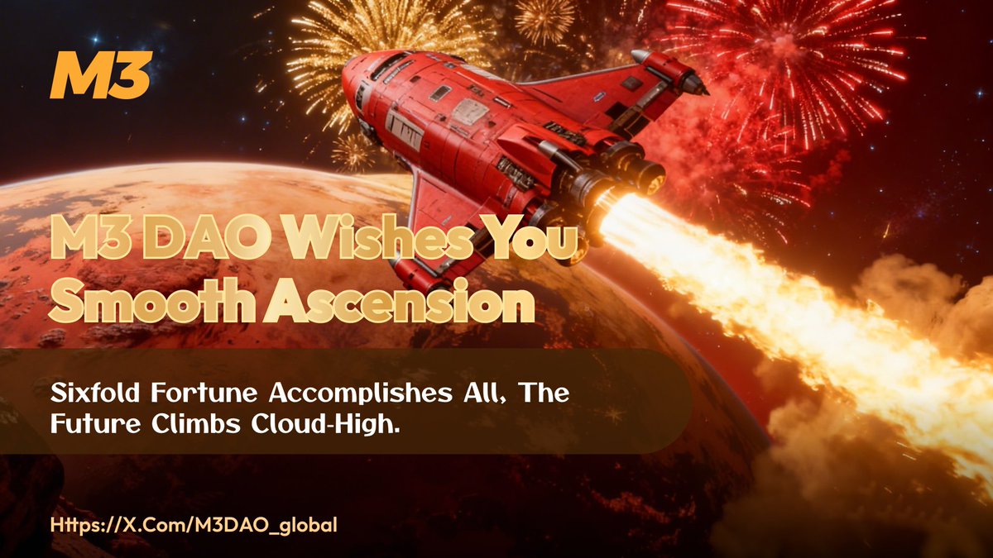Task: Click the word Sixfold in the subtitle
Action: (x=87, y=393)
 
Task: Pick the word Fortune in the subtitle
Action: (x=180, y=393)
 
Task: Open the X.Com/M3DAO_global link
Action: (x=194, y=526)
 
